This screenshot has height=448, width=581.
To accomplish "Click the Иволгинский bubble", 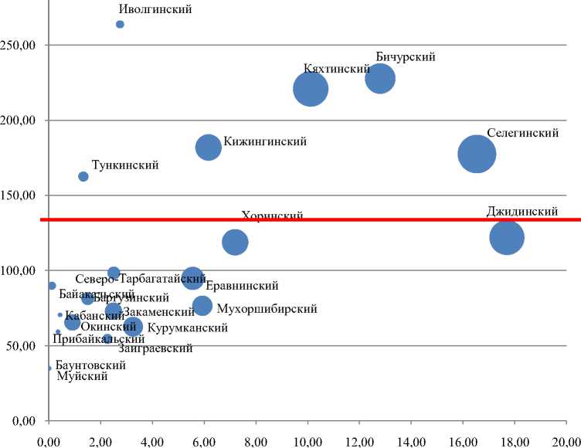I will [x=120, y=25].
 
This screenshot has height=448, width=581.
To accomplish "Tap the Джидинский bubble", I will [x=507, y=237].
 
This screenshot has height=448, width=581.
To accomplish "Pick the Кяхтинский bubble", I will [x=311, y=89].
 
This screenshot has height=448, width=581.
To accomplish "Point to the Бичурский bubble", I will [x=380, y=78].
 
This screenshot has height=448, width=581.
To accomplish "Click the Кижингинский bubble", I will [x=209, y=148].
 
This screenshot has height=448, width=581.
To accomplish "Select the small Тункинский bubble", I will [x=83, y=177].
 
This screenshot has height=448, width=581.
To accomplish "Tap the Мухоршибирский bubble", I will [x=202, y=306].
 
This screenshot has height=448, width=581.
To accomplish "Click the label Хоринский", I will [x=272, y=216].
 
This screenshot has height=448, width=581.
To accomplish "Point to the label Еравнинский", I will [x=237, y=284].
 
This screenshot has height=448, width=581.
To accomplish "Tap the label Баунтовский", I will [x=90, y=364].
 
